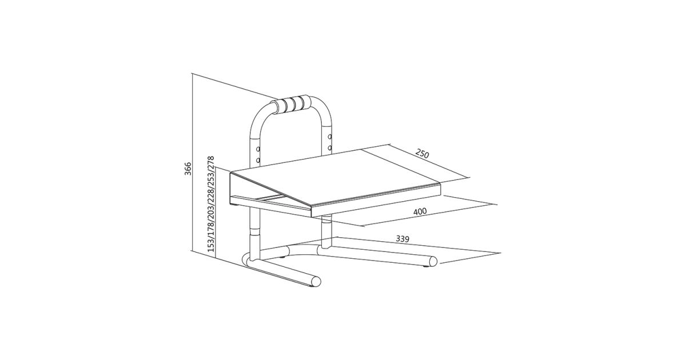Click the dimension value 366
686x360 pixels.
point(188,169)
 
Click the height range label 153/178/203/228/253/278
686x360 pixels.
point(211,204)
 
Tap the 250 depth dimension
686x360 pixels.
point(422,153)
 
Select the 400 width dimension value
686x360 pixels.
point(420,211)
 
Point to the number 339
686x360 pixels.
point(402,239)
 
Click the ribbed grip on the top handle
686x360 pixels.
point(293,105)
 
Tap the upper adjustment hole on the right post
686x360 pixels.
point(330,137)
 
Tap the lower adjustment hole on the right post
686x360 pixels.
point(330,148)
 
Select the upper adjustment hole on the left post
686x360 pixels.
point(258,149)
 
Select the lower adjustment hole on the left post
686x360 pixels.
point(258,160)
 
